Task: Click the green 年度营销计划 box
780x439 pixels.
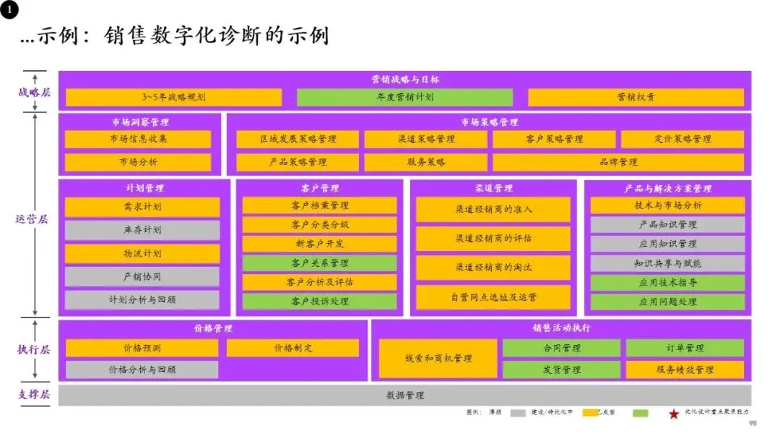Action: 404,97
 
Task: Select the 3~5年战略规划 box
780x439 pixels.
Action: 173,97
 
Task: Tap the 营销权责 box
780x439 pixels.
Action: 636,97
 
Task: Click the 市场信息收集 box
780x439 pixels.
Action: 138,139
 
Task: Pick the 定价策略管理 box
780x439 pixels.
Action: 682,139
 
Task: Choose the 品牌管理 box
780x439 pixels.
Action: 618,162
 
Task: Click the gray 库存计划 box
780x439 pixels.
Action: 142,230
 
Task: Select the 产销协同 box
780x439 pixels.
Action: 142,276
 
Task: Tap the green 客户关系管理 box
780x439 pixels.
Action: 319,263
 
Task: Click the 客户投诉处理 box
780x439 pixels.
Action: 319,301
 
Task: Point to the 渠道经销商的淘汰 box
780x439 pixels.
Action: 493,267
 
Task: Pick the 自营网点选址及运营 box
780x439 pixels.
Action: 493,297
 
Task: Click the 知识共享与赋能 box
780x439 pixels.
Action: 667,263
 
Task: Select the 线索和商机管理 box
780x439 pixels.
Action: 438,358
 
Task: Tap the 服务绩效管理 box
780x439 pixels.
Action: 685,370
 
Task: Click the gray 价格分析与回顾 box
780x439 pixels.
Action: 142,370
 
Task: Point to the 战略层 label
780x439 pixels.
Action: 34,92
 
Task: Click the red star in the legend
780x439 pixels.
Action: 673,414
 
